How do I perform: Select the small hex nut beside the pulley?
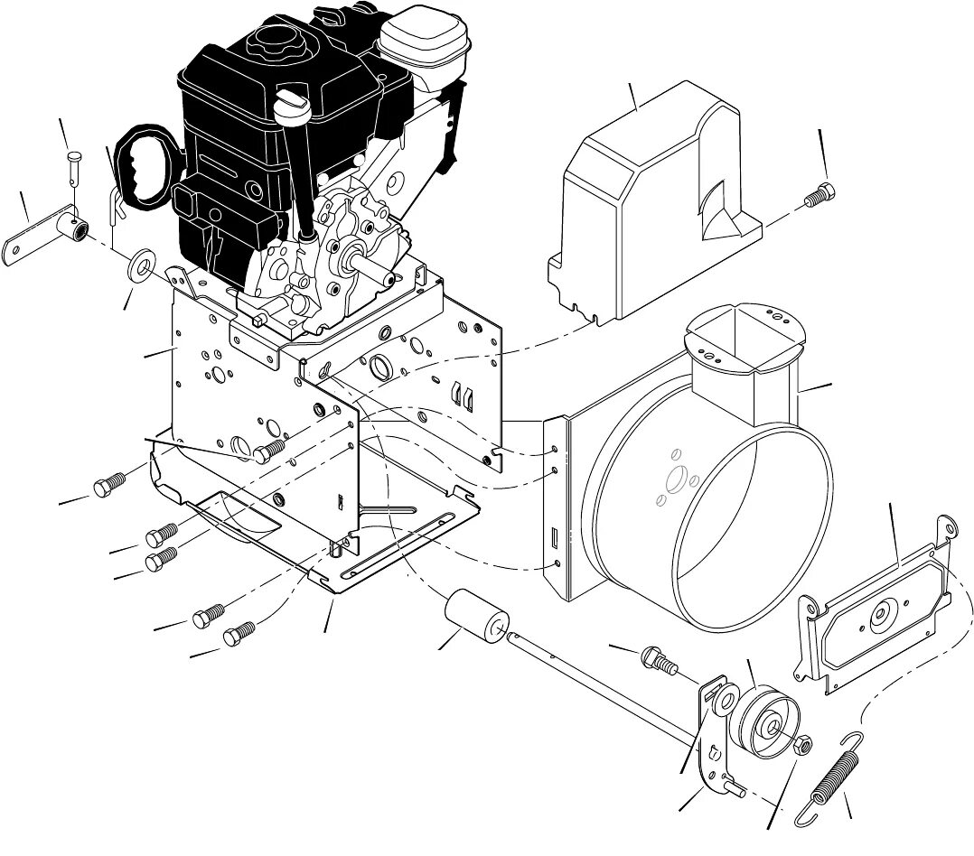800,746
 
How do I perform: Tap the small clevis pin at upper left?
74,166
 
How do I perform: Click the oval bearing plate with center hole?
876,614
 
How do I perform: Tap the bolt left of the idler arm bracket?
658,662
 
